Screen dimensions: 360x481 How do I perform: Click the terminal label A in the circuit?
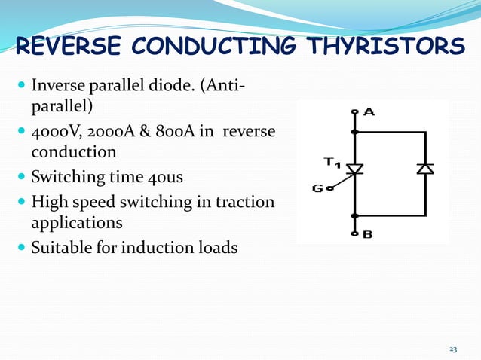(369, 112)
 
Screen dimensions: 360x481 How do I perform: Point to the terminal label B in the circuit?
(367, 234)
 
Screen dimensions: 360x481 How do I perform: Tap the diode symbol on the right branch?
(425, 169)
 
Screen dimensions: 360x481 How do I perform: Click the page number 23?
(453, 349)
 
